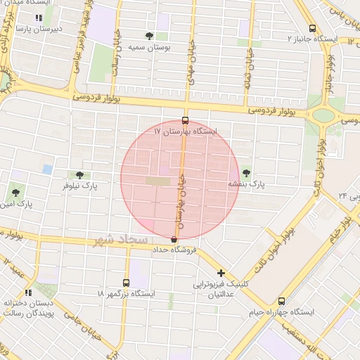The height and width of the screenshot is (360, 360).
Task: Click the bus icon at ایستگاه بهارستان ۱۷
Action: click(x=185, y=120)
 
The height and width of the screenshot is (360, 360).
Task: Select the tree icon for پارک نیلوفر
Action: click(x=78, y=174)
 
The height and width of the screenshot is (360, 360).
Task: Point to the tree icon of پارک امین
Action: click(x=15, y=193)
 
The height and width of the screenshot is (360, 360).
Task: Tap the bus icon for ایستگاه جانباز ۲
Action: click(x=312, y=29)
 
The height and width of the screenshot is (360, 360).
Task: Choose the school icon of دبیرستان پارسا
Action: click(x=38, y=18)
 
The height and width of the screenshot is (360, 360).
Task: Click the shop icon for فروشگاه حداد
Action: click(x=174, y=240)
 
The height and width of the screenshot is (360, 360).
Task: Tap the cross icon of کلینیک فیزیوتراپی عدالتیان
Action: click(x=221, y=273)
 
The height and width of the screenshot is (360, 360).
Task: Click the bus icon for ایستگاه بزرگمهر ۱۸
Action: click(x=126, y=282)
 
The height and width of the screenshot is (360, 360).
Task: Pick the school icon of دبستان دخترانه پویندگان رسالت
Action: click(x=28, y=292)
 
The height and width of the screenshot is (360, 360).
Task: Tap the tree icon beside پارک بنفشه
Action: click(x=245, y=172)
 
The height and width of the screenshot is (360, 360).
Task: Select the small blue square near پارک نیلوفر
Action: click(x=47, y=169)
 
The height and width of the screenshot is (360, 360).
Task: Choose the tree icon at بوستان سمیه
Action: click(x=149, y=36)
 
